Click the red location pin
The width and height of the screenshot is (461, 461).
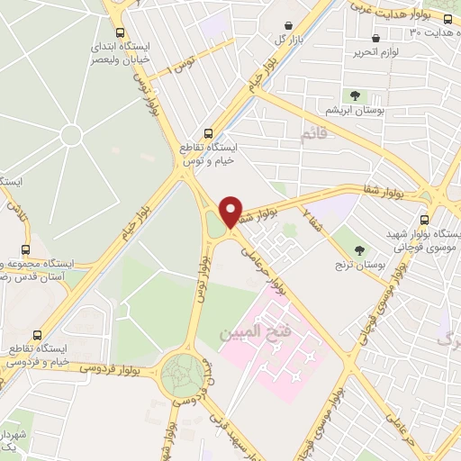tap(231, 212)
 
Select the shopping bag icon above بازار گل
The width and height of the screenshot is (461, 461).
tap(287, 26)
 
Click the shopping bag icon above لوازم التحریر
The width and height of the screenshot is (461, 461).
tap(375, 39)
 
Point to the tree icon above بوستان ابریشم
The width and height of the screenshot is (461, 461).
tap(355, 95)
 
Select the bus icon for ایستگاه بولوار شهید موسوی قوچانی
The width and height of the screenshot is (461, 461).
tap(424, 220)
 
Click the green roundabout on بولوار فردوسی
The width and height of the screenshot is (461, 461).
tap(183, 371)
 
